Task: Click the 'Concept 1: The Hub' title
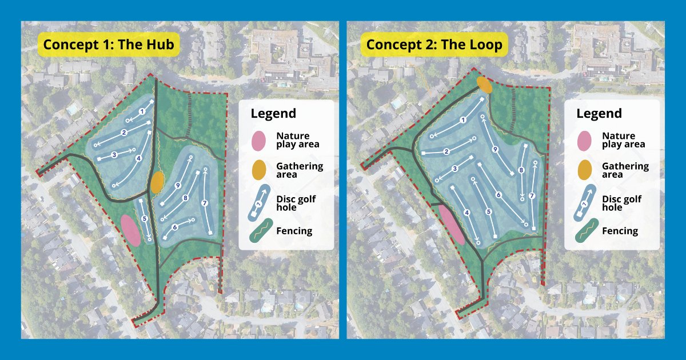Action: tap(109, 45)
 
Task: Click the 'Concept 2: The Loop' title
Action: tap(434, 45)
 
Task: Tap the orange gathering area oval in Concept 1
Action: tap(157, 181)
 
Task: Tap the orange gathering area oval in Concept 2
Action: tap(484, 84)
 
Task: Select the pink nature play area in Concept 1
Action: tap(131, 230)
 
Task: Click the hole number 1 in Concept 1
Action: tap(141, 111)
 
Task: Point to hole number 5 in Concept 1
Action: tap(145, 218)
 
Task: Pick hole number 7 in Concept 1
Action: tap(204, 203)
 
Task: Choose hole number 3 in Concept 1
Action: tap(114, 154)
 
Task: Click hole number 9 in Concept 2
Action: tap(495, 149)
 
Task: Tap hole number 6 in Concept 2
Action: tap(498, 195)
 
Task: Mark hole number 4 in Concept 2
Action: tap(467, 213)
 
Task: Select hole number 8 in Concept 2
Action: tap(521, 170)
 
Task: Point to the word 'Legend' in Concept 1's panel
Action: tap(273, 113)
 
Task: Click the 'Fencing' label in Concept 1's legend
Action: tap(294, 231)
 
